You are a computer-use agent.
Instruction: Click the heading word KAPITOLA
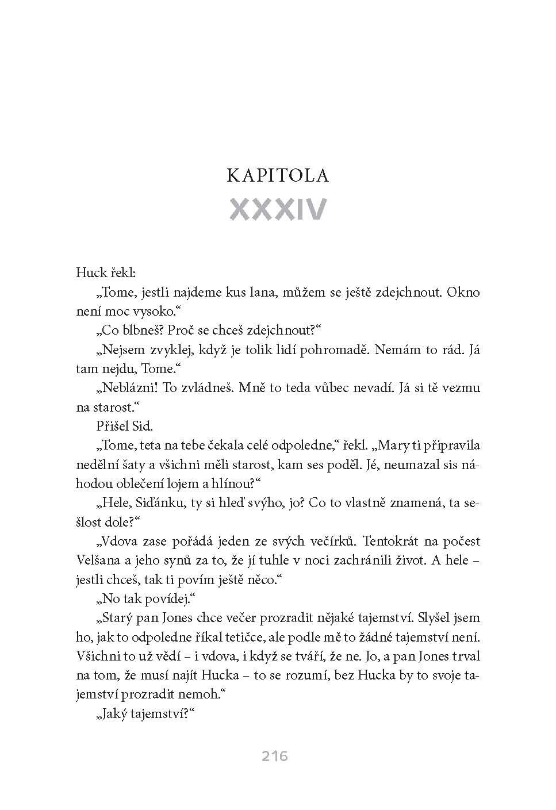[278, 175]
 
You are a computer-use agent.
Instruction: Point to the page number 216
[275, 756]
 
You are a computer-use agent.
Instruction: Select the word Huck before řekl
[91, 272]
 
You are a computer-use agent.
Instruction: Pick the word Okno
[463, 291]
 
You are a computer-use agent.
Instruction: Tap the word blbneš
[143, 331]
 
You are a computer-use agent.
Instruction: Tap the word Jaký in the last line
[116, 714]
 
